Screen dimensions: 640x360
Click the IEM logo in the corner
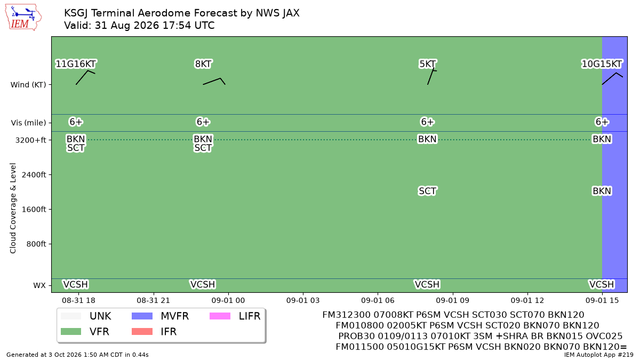coord(23,18)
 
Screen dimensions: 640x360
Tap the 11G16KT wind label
coord(76,63)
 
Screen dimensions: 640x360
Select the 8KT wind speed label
coord(203,63)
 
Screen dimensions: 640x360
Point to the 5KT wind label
coord(427,63)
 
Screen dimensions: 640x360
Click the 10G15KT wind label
coord(602,63)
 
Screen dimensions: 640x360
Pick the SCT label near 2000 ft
coord(427,191)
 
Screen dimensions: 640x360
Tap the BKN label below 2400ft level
coord(602,191)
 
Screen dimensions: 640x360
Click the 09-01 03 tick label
coord(303,301)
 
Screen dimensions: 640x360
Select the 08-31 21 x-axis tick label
coord(153,301)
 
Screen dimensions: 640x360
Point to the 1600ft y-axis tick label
coord(34,210)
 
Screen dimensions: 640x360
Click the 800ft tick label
coord(36,244)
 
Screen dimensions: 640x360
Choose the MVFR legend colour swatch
coord(142,316)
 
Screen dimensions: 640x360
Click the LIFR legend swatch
coord(220,316)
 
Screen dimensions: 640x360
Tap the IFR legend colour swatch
coord(142,331)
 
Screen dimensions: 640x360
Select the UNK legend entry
coord(86,316)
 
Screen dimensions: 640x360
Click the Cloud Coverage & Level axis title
coord(13,209)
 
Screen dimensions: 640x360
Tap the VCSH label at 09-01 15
coord(602,285)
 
